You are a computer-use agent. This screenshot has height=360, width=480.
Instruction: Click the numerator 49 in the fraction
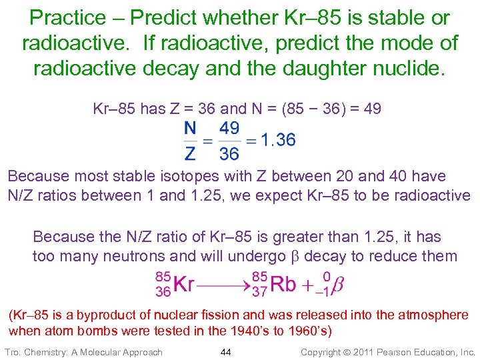pyautogui.click(x=229, y=128)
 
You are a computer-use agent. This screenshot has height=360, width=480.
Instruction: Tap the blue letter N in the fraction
pyautogui.click(x=191, y=128)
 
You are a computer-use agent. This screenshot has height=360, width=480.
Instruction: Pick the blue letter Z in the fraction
pyautogui.click(x=191, y=153)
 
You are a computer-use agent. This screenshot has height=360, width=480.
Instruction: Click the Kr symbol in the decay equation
pyautogui.click(x=184, y=284)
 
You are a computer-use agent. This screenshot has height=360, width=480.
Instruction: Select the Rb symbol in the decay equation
pyautogui.click(x=283, y=284)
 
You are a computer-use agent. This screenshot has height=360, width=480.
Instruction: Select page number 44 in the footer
pyautogui.click(x=225, y=351)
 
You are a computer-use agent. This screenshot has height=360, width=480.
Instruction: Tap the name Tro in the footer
pyautogui.click(x=13, y=351)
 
